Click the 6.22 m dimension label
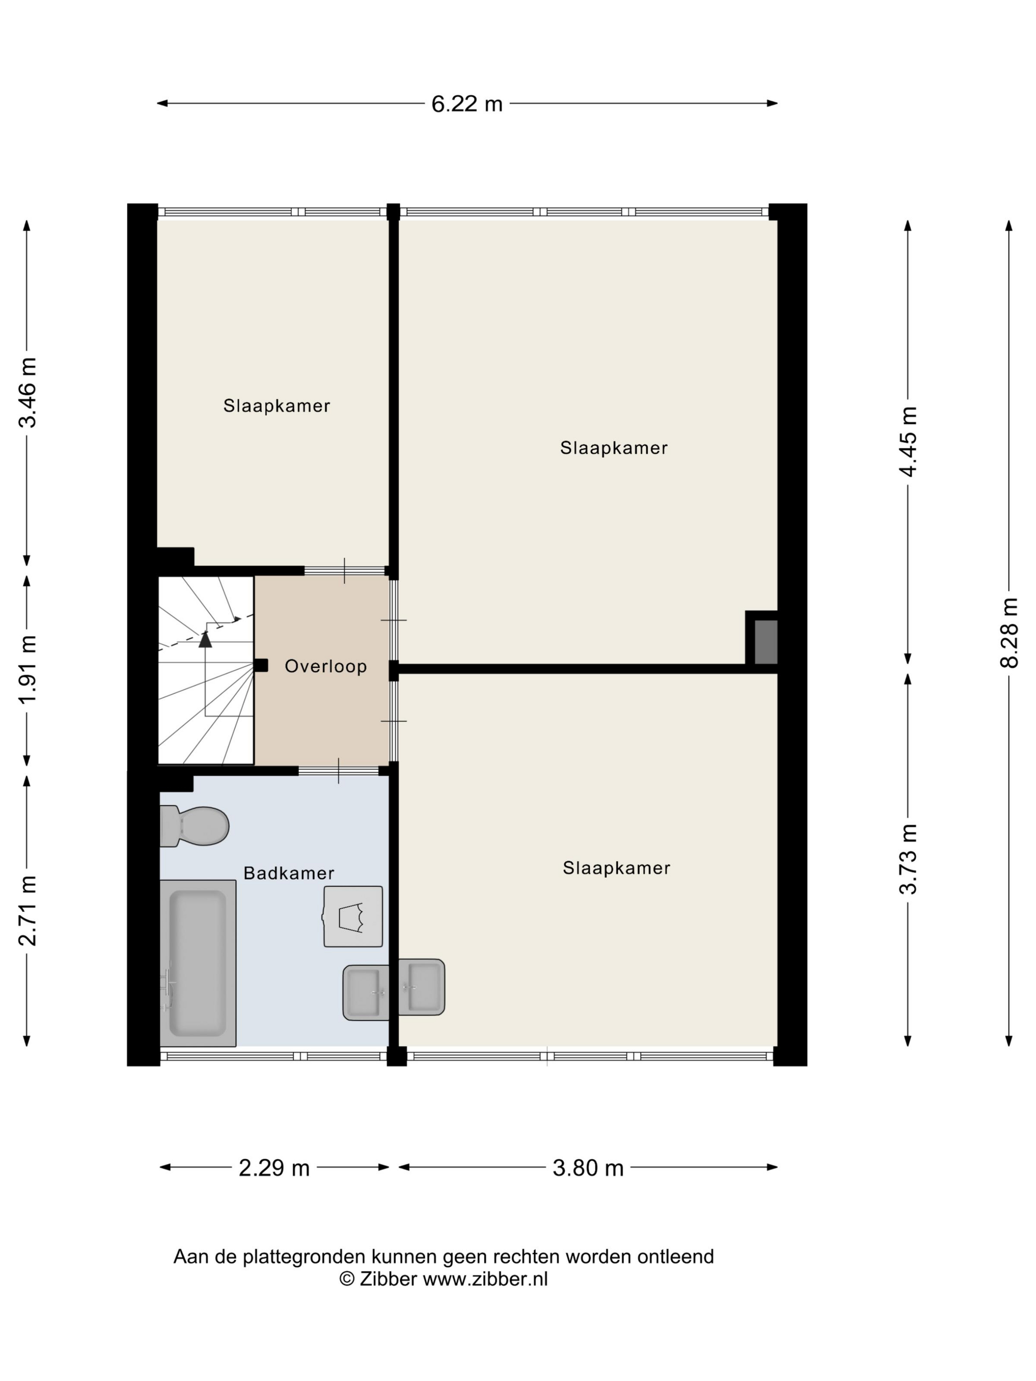467,104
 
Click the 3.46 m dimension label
27,392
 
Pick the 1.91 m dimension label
27,669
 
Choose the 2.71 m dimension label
27,910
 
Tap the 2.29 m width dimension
274,1167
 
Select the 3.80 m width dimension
588,1167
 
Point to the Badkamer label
289,873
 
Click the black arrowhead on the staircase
205,639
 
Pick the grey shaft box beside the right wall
766,642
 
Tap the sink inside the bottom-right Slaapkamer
421,986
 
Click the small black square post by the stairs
261,665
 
